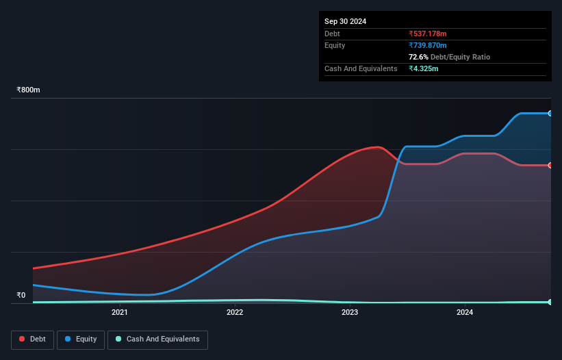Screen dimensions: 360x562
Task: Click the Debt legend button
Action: tap(31, 339)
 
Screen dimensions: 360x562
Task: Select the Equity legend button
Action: tap(81, 339)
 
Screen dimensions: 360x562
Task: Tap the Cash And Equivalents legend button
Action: tap(157, 339)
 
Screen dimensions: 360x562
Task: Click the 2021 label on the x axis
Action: tap(120, 313)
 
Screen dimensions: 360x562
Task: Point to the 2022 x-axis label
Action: tap(235, 313)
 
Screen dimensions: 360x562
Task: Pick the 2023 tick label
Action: tap(350, 313)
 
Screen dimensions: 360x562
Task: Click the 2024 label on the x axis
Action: tap(465, 313)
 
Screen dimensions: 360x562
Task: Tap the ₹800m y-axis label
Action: tap(29, 90)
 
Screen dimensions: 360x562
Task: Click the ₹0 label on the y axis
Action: tap(21, 296)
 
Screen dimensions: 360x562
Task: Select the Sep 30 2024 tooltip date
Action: tap(345, 21)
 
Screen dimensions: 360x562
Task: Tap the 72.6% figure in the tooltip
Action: tap(418, 57)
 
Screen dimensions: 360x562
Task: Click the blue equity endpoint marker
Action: tap(550, 113)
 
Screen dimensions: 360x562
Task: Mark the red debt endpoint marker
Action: tap(550, 165)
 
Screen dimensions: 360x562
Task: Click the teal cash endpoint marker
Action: tap(550, 302)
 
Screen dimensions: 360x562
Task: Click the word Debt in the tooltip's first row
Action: tap(332, 34)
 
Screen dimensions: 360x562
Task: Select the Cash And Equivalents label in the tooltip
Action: tap(361, 68)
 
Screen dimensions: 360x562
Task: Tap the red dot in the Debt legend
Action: tap(23, 339)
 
